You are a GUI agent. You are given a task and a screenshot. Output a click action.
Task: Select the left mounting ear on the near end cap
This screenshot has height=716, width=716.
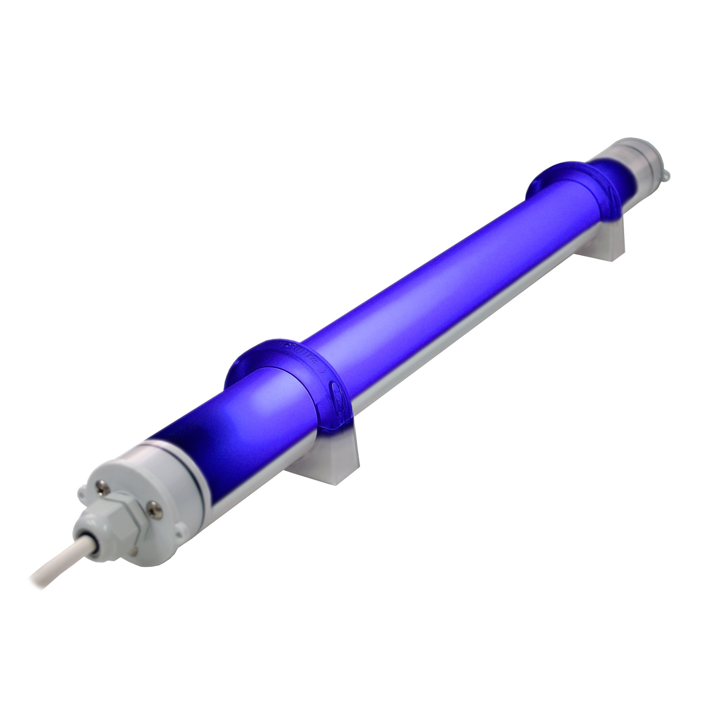point(82,493)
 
